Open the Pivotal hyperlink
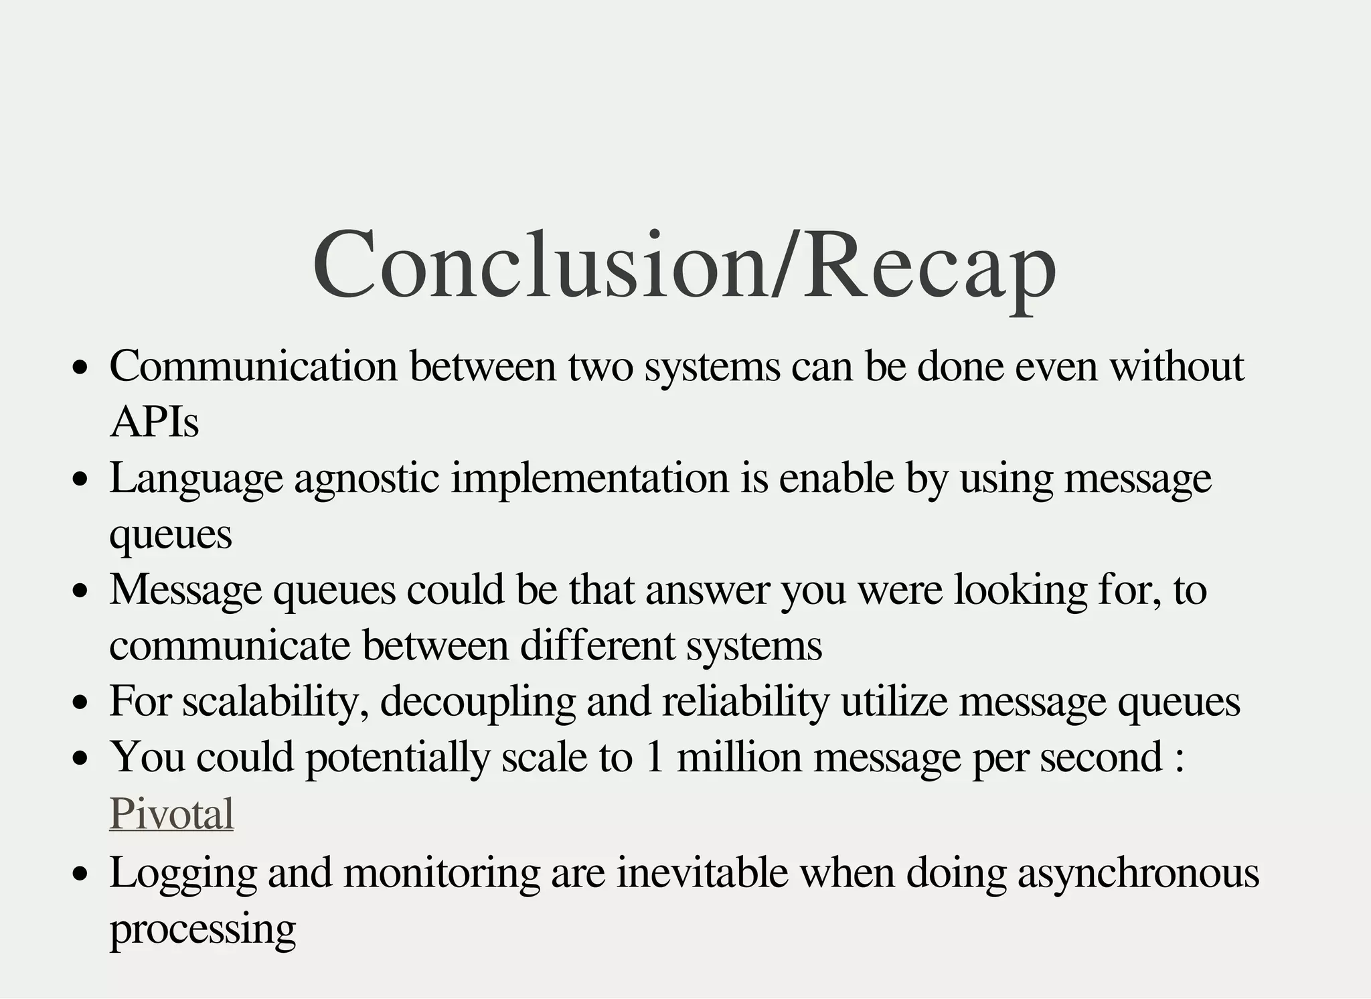click(171, 814)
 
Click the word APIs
click(155, 423)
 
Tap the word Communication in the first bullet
click(254, 367)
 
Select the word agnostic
click(367, 479)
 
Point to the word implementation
click(590, 479)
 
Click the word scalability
click(275, 702)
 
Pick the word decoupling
click(478, 702)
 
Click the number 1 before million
click(655, 758)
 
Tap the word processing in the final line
click(203, 929)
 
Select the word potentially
click(398, 758)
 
